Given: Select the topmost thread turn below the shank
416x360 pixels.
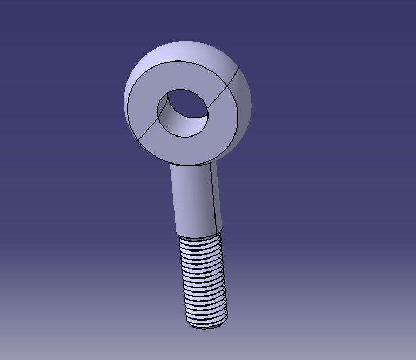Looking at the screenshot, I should [x=199, y=241].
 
